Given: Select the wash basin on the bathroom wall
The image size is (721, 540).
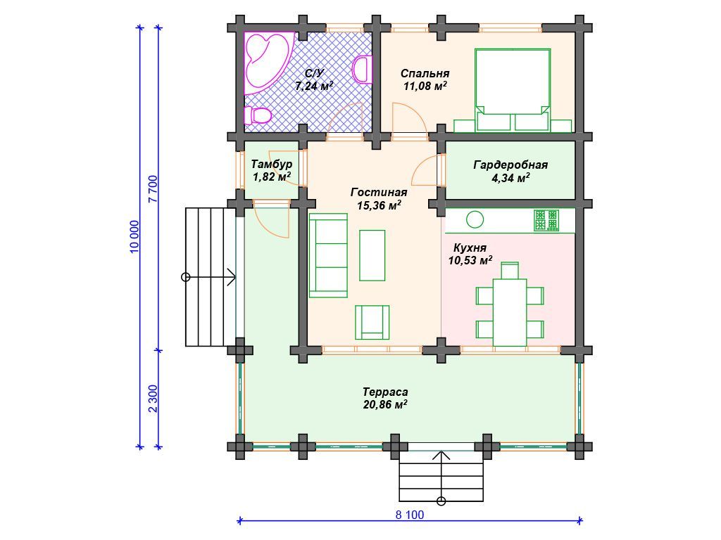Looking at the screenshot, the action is (363, 70).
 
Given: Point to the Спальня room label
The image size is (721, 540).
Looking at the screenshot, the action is (425, 73).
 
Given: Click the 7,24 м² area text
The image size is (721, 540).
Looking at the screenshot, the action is (314, 86).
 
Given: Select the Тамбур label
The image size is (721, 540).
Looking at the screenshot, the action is (272, 165).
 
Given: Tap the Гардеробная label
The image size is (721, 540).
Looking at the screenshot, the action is (510, 165).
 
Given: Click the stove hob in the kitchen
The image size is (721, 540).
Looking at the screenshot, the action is (546, 220).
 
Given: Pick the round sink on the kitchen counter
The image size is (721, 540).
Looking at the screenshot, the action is (475, 219).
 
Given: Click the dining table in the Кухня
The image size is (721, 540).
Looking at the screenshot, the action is (510, 312).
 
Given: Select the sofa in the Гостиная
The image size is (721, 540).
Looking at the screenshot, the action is (328, 255).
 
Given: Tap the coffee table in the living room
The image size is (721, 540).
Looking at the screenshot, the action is (372, 255).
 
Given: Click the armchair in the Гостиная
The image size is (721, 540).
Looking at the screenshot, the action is (372, 322).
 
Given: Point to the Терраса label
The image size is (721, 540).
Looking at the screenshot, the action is (385, 392).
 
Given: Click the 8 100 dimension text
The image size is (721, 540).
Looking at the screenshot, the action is (410, 515).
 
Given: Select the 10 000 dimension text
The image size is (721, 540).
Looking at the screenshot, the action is (134, 237).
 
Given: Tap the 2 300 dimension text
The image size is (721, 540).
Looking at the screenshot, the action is (153, 399).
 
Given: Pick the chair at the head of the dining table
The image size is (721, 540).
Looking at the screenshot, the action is (510, 271).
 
